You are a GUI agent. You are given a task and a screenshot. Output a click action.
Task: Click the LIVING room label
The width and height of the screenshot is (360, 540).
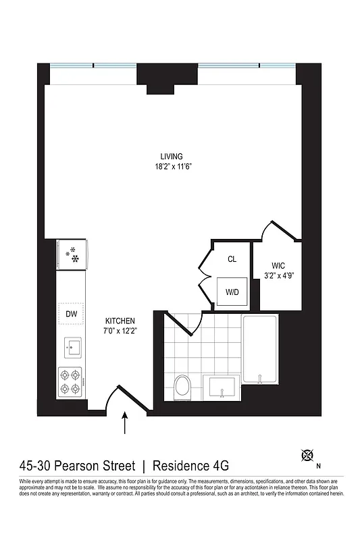(171, 156)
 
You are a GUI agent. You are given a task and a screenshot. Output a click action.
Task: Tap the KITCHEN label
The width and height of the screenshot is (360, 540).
(121, 321)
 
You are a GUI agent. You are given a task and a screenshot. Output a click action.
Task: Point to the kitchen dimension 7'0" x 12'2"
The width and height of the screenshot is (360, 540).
(121, 331)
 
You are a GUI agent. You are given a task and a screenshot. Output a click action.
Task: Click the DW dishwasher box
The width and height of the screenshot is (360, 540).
(71, 314)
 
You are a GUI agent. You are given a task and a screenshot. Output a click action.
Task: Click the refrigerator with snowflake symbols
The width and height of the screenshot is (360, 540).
(72, 254)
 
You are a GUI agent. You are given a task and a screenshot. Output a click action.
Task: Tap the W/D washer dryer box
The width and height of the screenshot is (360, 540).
(232, 292)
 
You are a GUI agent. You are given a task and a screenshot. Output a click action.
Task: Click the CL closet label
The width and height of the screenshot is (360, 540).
(232, 259)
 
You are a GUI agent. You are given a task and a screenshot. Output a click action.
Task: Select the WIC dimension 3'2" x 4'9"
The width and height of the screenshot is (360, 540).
(280, 275)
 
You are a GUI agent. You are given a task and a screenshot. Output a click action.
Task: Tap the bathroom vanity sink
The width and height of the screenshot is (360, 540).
(222, 388)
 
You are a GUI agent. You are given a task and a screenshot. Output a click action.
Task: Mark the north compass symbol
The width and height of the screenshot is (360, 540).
(307, 456)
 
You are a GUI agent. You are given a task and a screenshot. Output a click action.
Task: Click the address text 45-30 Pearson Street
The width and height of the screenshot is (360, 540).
(78, 466)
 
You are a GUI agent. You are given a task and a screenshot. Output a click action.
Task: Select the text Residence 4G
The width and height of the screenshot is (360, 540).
(191, 466)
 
